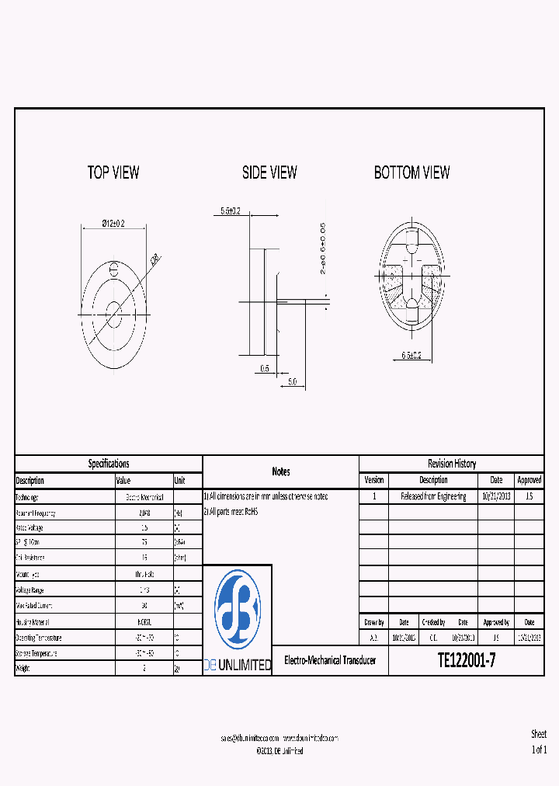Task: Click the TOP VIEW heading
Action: pyautogui.click(x=113, y=172)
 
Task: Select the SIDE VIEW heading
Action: pyautogui.click(x=269, y=172)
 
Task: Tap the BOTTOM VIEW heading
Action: pyautogui.click(x=411, y=172)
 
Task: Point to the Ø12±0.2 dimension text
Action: pyautogui.click(x=113, y=224)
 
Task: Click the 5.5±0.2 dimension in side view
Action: pyautogui.click(x=231, y=210)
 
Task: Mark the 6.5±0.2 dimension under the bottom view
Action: pyautogui.click(x=411, y=355)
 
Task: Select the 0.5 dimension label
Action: pyautogui.click(x=265, y=369)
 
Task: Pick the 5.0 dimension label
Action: pyautogui.click(x=292, y=381)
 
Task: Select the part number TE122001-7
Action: pyautogui.click(x=466, y=661)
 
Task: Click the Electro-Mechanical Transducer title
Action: pyautogui.click(x=330, y=660)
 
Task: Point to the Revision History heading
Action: pyautogui.click(x=452, y=464)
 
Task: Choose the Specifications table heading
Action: pyautogui.click(x=109, y=464)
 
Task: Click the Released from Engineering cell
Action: pyautogui.click(x=433, y=496)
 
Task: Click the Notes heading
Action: pyautogui.click(x=280, y=471)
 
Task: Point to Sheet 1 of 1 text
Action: pyautogui.click(x=539, y=742)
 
